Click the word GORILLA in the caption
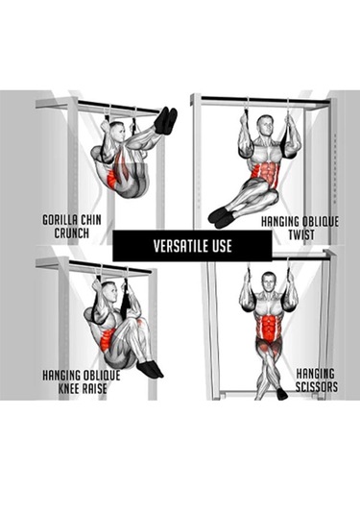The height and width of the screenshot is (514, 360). coord(60,220)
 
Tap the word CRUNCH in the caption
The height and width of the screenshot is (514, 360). coord(72,233)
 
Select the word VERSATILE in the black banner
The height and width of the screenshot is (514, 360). coord(181,246)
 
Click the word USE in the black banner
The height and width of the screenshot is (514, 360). coord(222,246)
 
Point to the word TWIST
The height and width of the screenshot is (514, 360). coord(301,235)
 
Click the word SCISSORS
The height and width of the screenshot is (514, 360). coord(317,387)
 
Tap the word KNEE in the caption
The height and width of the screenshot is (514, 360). coord(68,388)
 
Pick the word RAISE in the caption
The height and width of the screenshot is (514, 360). coord(94,388)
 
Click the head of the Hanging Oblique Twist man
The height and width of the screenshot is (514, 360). coord(265,126)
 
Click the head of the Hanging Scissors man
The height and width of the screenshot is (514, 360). coord(269,282)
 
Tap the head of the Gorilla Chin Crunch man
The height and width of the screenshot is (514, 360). coord(117,131)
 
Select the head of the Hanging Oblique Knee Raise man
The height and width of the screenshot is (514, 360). coord(109,292)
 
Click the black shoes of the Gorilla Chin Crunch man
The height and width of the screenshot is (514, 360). coord(166,120)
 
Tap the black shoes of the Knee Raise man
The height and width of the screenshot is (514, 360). coord(150,370)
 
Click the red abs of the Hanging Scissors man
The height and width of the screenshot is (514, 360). coord(269,329)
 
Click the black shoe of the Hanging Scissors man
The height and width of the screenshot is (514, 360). coord(281,394)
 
